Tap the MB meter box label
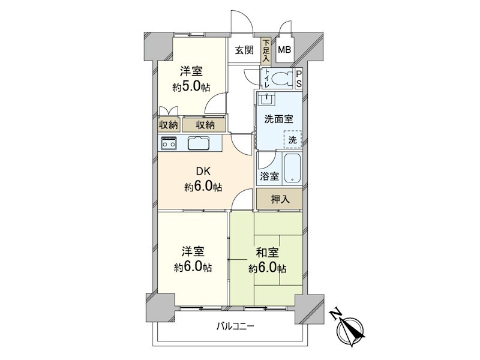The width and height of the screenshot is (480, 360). (x=284, y=50)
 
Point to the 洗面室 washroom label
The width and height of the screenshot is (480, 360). (x=277, y=119)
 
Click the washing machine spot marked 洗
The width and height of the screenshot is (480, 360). (x=292, y=139)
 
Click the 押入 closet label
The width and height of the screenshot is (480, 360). (x=279, y=199)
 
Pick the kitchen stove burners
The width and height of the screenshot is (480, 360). (x=169, y=143)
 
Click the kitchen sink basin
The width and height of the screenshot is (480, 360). (x=198, y=143)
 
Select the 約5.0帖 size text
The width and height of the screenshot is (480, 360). (x=191, y=87)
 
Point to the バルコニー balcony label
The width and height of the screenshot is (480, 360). (x=236, y=327)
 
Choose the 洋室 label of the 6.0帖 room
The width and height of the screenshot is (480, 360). (x=192, y=251)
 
